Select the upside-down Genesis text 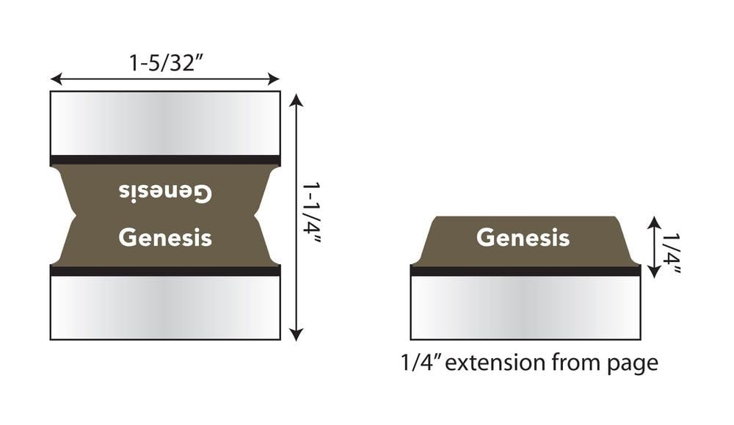(x=165, y=193)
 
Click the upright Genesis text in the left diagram (x=165, y=238)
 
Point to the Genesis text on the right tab (x=523, y=237)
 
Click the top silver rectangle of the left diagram (x=165, y=123)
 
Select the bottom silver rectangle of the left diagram (x=165, y=308)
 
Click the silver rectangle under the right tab (x=525, y=308)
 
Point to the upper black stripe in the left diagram (x=165, y=160)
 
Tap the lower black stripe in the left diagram (x=165, y=270)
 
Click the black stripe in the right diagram (x=525, y=270)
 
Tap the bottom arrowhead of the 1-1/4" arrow (x=296, y=335)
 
